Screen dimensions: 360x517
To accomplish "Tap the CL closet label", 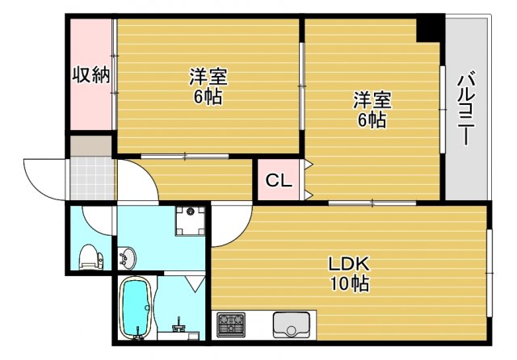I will [279, 181].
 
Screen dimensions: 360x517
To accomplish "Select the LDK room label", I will [348, 264].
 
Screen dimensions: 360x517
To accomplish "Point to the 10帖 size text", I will [348, 284].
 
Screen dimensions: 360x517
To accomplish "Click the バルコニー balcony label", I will [466, 109].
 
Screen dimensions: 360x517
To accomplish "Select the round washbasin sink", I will [128, 259].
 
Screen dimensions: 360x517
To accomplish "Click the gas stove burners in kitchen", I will [230, 325].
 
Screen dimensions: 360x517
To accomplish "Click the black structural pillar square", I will [429, 30].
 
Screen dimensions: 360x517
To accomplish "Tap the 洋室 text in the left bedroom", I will [208, 77].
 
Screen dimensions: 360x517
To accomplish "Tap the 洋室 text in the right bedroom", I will [372, 100].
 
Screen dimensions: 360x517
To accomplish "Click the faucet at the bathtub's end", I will [179, 329].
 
